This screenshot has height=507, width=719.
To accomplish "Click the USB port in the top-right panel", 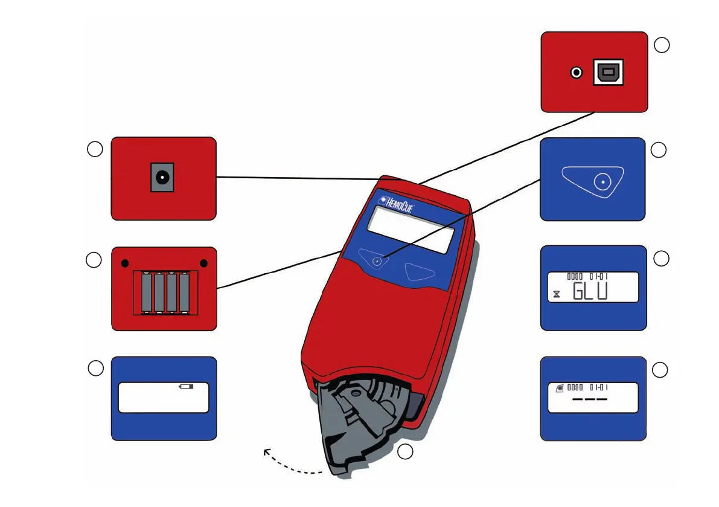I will tap(608, 73).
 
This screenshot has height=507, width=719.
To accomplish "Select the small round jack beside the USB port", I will tap(577, 73).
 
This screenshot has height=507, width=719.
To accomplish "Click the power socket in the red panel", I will tap(162, 178).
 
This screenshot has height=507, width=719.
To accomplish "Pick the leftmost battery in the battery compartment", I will tap(147, 293).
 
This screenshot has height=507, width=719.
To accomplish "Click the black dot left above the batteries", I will tap(124, 263).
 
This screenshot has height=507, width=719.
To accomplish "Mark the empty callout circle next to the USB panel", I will tap(662, 45).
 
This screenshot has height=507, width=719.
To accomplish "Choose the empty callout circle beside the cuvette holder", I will tap(406, 451).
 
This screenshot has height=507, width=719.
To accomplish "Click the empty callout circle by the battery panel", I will tap(94, 260).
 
